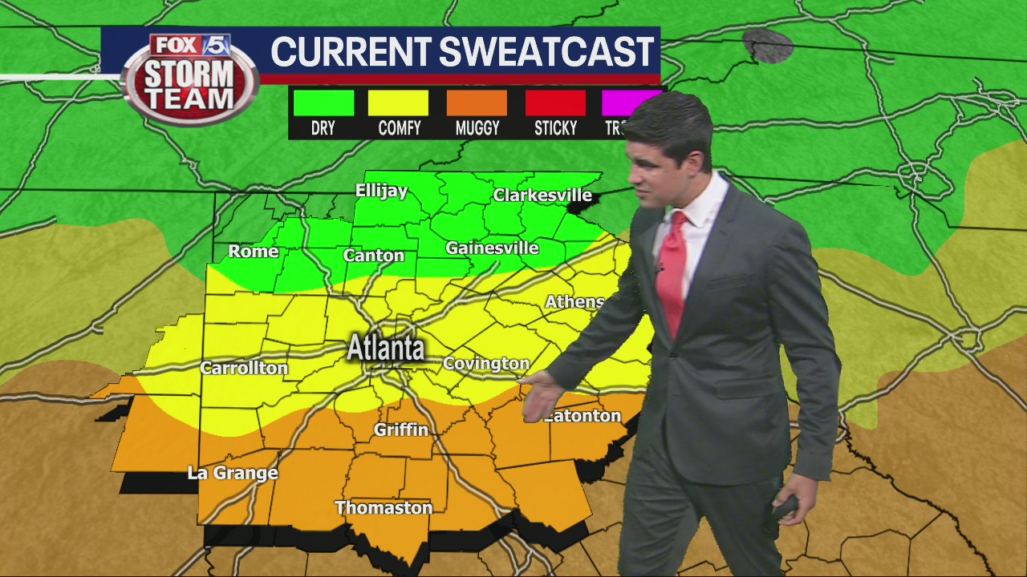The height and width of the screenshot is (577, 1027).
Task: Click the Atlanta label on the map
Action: [x=386, y=349]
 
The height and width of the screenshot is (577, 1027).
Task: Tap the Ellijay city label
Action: [x=382, y=192]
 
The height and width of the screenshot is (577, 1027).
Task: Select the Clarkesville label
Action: [x=542, y=195]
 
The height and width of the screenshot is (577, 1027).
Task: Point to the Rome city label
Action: [x=254, y=252]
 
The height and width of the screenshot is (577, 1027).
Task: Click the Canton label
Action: [x=374, y=256]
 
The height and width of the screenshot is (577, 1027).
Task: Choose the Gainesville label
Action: [x=492, y=248]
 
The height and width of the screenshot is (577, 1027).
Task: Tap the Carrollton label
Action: [x=244, y=369]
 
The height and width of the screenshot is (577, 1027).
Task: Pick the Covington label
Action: [x=486, y=364]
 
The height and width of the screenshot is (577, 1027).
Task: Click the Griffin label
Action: [x=401, y=430]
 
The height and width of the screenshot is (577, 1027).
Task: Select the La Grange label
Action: [x=233, y=473]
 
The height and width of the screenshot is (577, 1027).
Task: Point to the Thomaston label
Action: [x=384, y=508]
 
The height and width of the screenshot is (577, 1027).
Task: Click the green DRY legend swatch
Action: [x=323, y=103]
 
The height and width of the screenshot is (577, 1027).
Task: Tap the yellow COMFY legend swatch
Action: [x=399, y=103]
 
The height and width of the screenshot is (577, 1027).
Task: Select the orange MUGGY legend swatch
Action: [x=477, y=103]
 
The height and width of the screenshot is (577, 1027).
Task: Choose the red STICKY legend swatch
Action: [x=555, y=103]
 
